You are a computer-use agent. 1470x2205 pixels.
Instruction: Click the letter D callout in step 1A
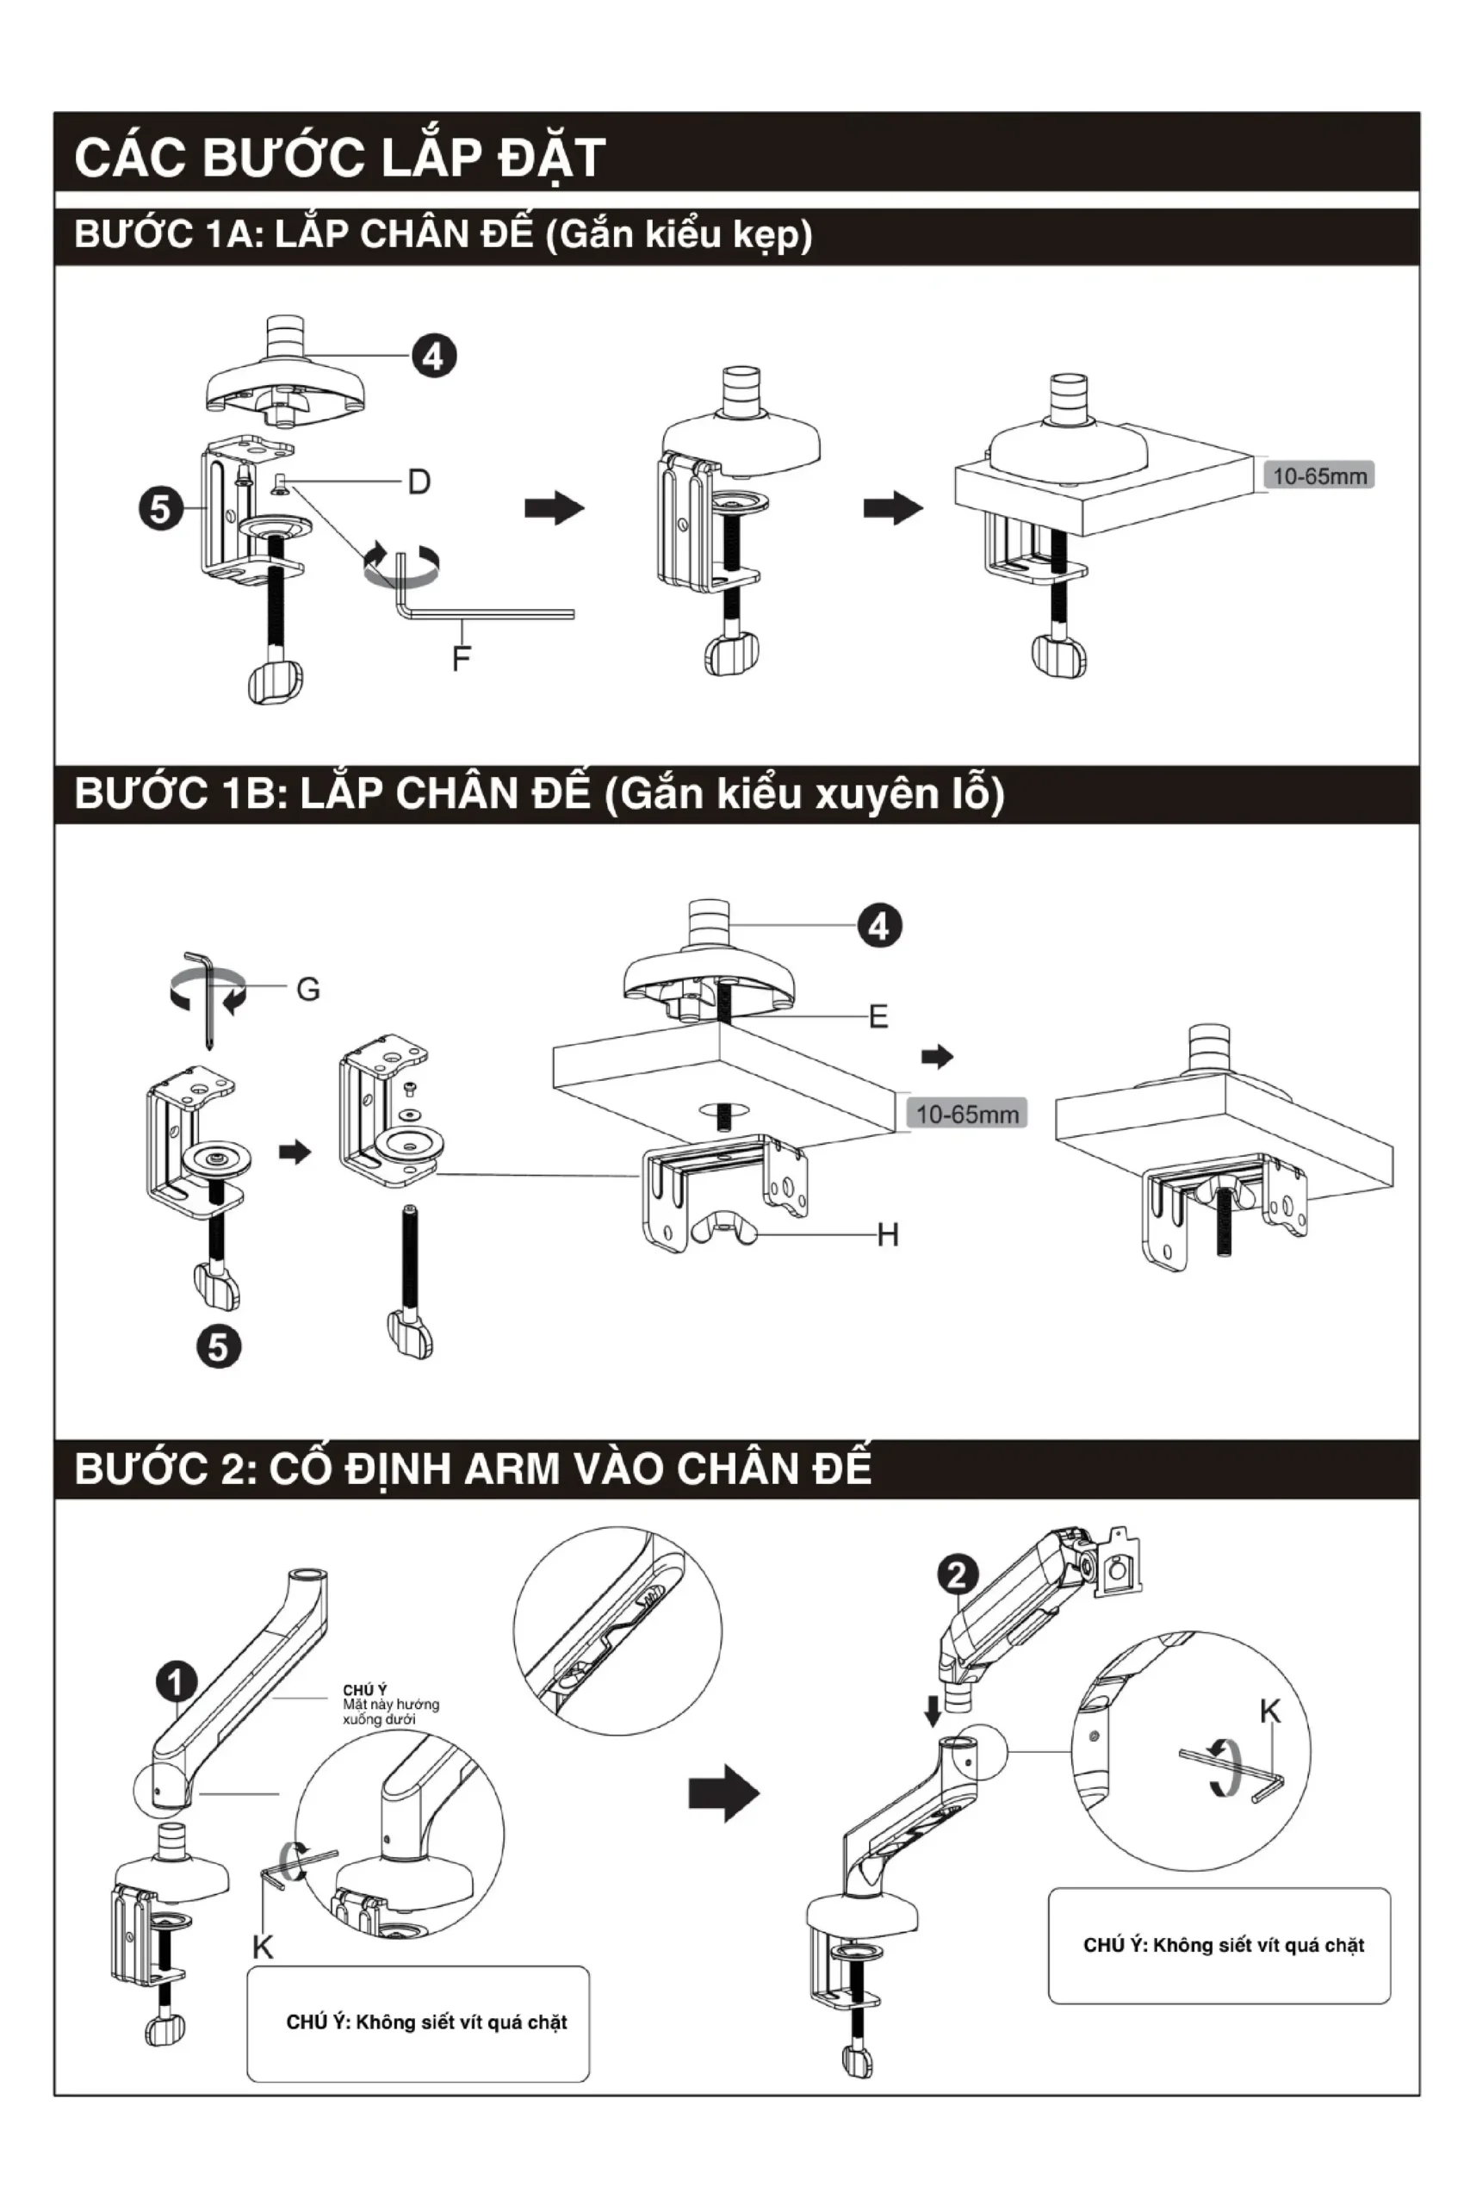tap(419, 481)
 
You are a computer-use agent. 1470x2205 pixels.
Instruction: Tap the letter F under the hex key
tap(461, 659)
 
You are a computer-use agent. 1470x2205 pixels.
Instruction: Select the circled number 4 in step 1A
tap(433, 357)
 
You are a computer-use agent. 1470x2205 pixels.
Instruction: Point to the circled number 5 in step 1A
tap(160, 509)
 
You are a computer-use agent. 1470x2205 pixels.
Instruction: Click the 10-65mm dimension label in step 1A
tap(1318, 476)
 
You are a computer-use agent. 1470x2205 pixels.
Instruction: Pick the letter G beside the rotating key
tap(307, 989)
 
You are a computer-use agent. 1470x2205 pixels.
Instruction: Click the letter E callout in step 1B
tap(878, 1016)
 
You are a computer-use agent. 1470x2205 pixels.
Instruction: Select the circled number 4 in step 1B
tap(878, 926)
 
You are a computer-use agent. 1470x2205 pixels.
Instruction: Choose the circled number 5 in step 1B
tap(218, 1347)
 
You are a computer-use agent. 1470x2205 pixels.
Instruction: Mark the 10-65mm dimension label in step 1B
tap(966, 1115)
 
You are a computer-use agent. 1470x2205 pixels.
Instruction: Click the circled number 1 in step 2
tap(176, 1681)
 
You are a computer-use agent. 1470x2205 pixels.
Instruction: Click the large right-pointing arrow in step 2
tap(723, 1793)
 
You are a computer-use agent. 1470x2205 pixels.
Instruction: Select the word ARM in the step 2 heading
tap(511, 1469)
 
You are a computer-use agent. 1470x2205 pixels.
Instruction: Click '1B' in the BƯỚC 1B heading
tap(246, 794)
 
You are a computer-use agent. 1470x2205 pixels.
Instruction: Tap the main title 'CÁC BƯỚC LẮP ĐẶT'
tap(339, 157)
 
